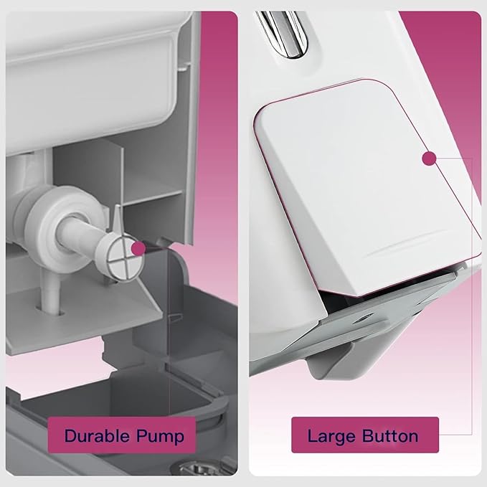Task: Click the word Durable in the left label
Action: point(97,435)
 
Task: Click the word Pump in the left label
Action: point(160,437)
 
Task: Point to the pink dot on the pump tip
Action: point(138,248)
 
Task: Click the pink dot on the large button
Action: point(429,159)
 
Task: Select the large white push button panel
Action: point(367,186)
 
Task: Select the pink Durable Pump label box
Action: point(121,436)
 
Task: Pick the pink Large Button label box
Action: point(365,435)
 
